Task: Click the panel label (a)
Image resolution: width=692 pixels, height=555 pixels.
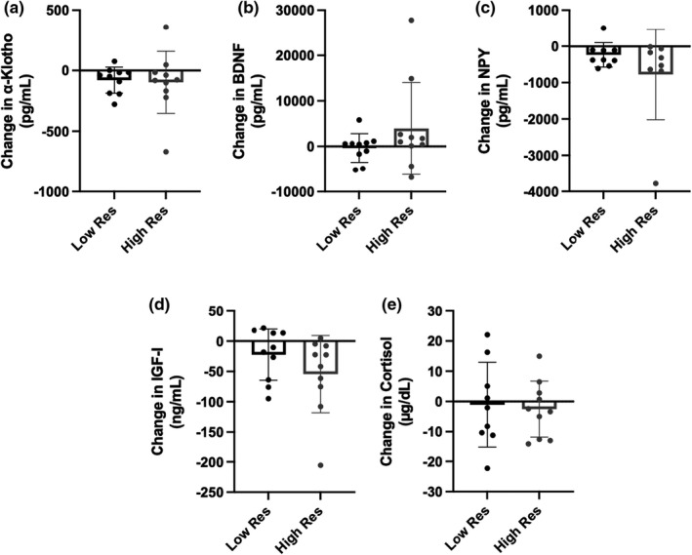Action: (15, 9)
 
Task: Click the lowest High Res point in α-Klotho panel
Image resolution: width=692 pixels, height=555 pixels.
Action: (140, 151)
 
